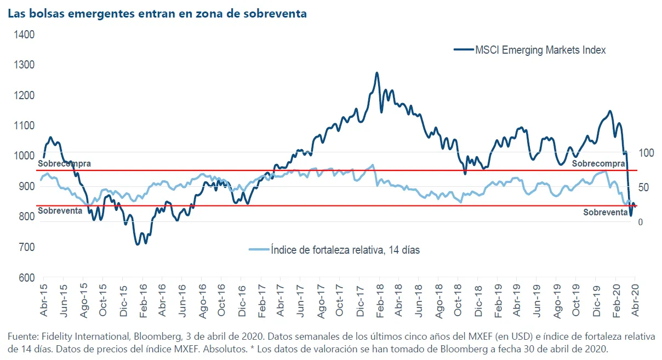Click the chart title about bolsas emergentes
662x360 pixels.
(157, 14)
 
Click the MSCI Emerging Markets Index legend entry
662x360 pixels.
(540, 50)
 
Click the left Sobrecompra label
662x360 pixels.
(65, 163)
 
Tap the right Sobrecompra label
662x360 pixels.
(598, 163)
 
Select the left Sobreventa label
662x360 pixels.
(60, 211)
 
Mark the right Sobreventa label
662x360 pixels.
(605, 213)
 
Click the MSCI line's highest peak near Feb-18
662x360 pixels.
(376, 72)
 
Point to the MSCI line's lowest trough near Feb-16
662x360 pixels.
(138, 244)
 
